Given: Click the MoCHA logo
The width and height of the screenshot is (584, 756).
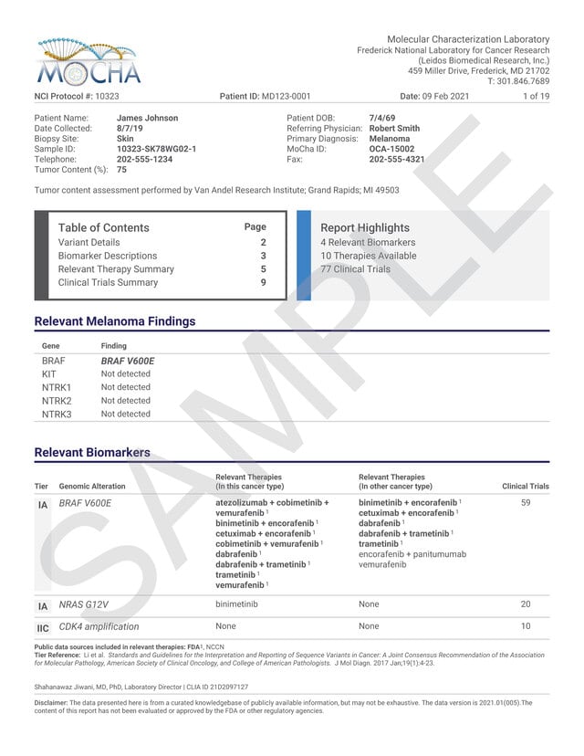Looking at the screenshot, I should click(88, 63).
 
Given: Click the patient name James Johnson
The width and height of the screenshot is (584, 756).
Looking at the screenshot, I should click(147, 118).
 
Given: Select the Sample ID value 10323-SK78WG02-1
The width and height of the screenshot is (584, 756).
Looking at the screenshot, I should click(156, 148).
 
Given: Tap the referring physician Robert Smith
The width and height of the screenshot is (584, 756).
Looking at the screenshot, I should click(394, 129).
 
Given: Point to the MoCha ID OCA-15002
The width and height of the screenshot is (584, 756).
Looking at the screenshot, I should click(391, 149).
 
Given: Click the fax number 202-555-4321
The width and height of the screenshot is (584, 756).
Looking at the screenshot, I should click(396, 159).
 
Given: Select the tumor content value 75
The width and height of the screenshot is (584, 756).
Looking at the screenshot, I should click(122, 170).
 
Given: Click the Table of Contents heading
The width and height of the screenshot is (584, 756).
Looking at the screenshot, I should click(103, 227).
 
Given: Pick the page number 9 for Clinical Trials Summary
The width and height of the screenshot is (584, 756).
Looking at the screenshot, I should click(263, 282).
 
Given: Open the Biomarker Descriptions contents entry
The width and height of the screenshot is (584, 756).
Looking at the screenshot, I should click(107, 256).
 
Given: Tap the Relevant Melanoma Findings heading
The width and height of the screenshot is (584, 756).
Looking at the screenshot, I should click(115, 321).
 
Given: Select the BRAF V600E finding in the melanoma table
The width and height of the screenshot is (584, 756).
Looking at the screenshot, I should click(127, 361).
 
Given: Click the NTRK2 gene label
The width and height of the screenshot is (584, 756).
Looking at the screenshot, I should click(57, 401).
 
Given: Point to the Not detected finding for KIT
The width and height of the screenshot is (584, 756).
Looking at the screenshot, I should click(126, 374).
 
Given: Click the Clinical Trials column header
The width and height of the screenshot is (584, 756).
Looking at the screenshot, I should click(526, 487).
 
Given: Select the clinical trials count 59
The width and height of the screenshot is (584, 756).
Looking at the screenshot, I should click(525, 502).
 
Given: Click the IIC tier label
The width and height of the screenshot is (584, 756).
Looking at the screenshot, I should click(43, 628).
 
